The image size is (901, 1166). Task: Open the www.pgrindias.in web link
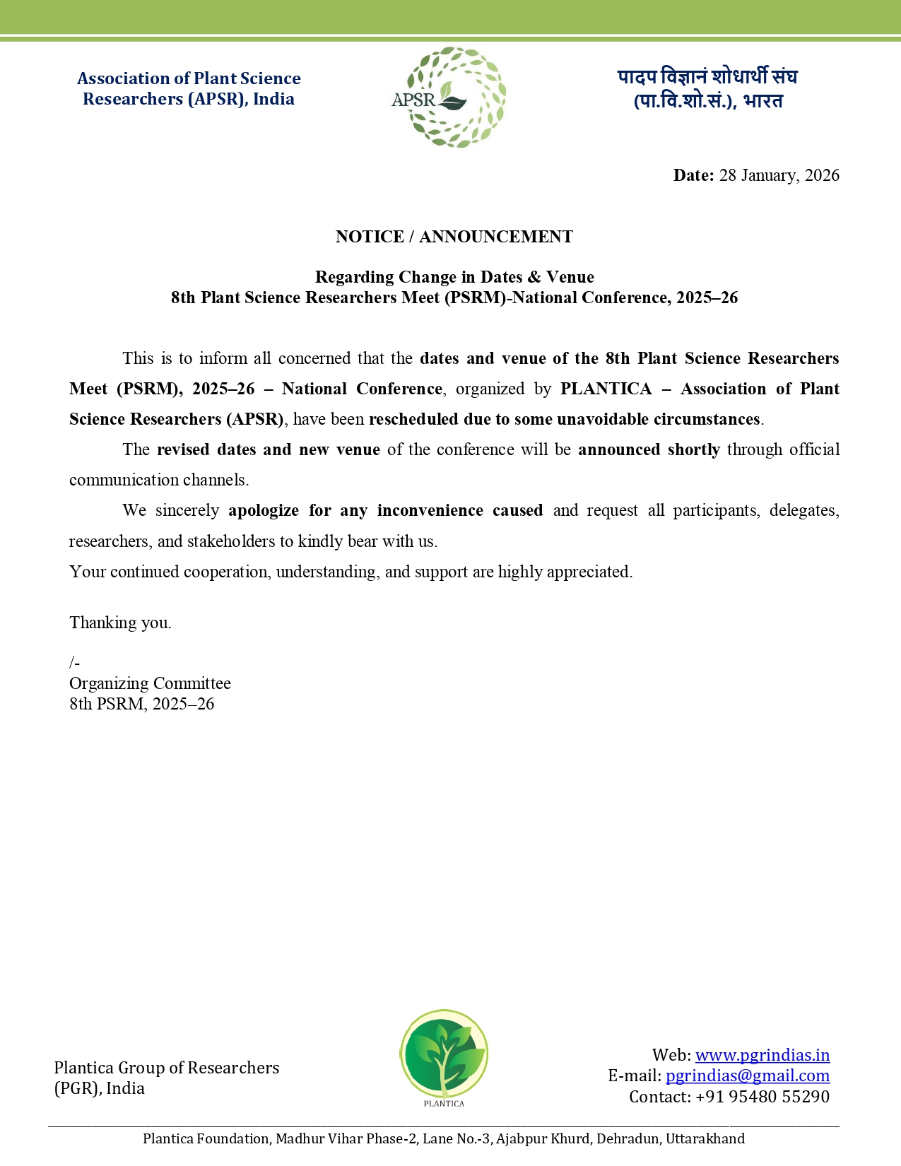[762, 1055]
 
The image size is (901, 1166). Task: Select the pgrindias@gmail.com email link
[747, 1076]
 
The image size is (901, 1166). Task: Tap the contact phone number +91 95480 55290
[762, 1097]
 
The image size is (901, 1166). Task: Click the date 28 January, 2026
[779, 175]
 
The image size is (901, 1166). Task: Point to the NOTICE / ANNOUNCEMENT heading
[454, 237]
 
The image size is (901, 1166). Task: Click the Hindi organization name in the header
[707, 88]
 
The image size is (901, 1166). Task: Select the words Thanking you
[120, 623]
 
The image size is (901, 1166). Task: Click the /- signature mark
[74, 663]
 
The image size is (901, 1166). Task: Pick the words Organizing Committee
[150, 683]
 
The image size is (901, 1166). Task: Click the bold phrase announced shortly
[649, 450]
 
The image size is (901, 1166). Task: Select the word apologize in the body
[264, 511]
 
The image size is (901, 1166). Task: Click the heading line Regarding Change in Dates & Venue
[454, 277]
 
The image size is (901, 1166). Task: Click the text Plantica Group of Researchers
[166, 1068]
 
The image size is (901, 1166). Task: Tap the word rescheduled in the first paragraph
[413, 420]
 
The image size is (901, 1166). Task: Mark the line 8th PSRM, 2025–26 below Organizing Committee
[141, 704]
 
